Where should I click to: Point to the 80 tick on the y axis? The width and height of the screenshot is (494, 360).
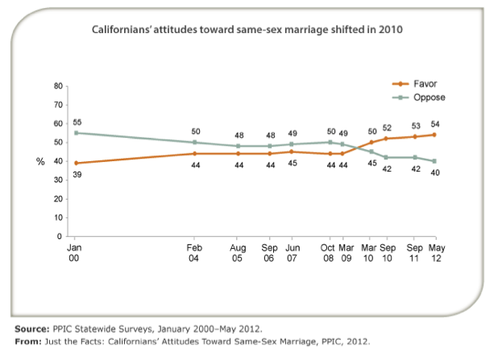(x=58, y=85)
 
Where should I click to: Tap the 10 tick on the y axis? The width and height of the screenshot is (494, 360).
(x=58, y=218)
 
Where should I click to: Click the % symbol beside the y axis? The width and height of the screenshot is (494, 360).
(x=40, y=161)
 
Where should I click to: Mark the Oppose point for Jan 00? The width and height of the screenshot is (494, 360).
(x=76, y=133)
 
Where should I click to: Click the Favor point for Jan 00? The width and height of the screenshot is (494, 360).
(x=76, y=163)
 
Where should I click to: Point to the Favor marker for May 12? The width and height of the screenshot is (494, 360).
(x=434, y=134)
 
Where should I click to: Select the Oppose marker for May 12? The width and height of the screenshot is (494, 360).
(x=434, y=161)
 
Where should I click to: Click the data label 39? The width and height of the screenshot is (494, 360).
(x=76, y=175)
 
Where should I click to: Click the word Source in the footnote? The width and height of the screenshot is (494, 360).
(x=34, y=329)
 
